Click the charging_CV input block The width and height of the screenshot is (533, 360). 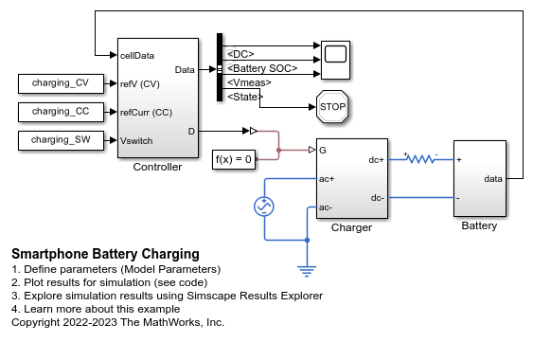click(61, 83)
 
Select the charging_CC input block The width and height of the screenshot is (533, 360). click(61, 112)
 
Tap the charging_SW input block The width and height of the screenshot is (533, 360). click(61, 140)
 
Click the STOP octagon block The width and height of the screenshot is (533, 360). click(332, 106)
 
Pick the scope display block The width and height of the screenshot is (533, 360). click(335, 61)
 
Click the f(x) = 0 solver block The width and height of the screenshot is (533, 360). click(234, 159)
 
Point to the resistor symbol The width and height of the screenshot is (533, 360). click(421, 158)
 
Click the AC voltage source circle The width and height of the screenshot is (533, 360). click(264, 207)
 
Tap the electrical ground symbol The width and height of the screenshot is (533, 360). click(307, 271)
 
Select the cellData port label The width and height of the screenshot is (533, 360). click(137, 56)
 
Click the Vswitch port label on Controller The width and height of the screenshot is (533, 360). click(136, 141)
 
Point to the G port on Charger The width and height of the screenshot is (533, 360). click(323, 150)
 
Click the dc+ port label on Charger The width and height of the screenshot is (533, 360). click(376, 160)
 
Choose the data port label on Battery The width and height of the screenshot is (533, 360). click(493, 179)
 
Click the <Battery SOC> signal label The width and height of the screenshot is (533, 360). click(262, 68)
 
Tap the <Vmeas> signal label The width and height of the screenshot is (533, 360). click(249, 82)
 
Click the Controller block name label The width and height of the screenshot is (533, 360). click(157, 167)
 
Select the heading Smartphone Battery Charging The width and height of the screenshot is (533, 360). click(105, 254)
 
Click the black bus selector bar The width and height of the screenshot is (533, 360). click(220, 67)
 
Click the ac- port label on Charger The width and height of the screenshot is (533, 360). click(326, 207)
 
